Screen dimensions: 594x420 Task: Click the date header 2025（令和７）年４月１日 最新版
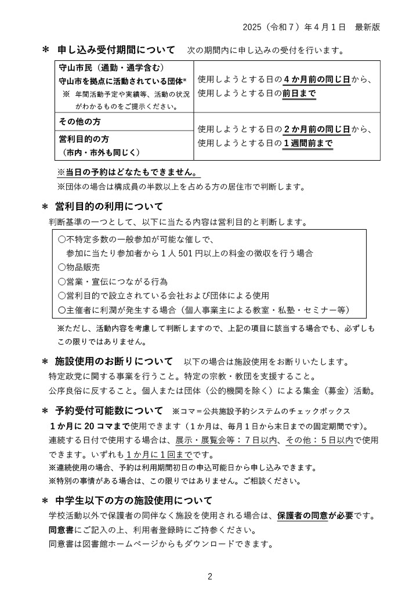pos(312,27)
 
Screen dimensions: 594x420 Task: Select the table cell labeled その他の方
pos(80,122)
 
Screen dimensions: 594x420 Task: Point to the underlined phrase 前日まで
pos(299,93)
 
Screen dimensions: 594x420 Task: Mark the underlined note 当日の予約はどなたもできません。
pos(128,173)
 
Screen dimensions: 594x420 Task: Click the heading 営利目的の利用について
pos(109,207)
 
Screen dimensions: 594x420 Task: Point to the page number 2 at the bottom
pos(210,576)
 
